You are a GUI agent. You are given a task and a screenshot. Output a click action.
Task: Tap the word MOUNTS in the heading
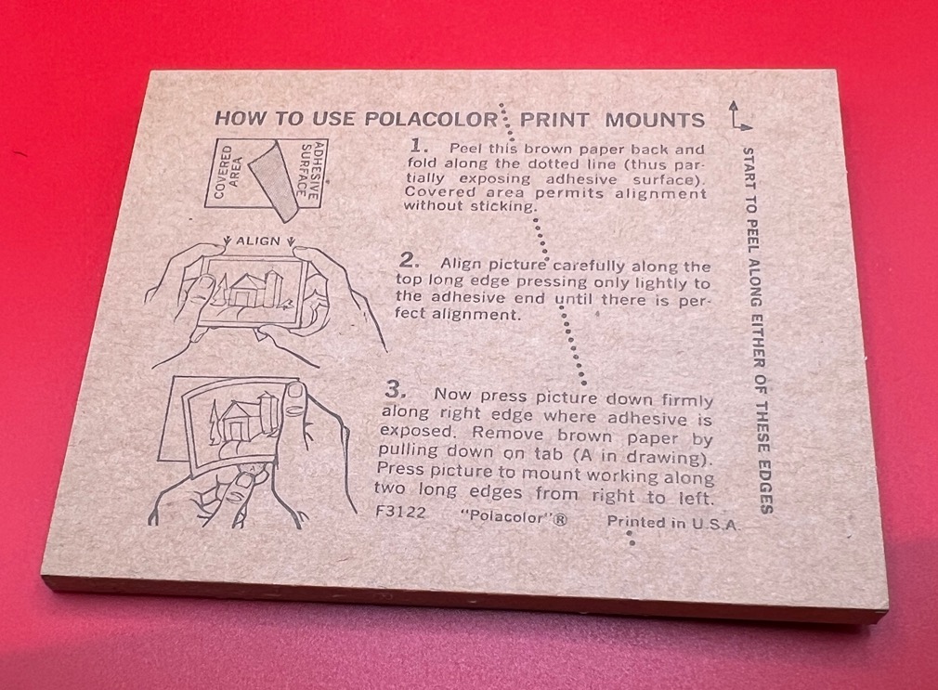pyautogui.click(x=655, y=120)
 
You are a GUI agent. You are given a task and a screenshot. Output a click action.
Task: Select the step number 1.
pyautogui.click(x=419, y=146)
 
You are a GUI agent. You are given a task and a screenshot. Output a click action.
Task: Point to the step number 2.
pyautogui.click(x=410, y=260)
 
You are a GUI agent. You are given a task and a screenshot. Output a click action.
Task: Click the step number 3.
pyautogui.click(x=396, y=390)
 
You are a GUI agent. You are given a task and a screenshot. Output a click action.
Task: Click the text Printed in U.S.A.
pyautogui.click(x=673, y=523)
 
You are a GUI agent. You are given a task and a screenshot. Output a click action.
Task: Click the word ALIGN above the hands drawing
pyautogui.click(x=258, y=241)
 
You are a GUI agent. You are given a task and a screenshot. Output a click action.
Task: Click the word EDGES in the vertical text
pyautogui.click(x=765, y=487)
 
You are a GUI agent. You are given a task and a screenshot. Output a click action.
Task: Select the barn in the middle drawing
pyautogui.click(x=249, y=291)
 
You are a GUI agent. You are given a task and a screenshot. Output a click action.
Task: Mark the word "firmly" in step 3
pyautogui.click(x=686, y=400)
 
